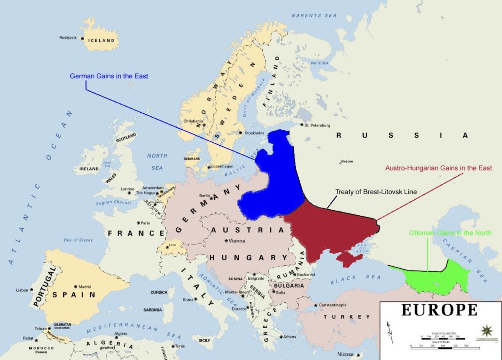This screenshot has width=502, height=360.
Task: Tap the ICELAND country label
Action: point(101,41)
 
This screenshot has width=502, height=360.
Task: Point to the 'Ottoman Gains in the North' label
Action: point(450,233)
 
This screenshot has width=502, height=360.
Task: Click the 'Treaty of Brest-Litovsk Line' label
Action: point(375,191)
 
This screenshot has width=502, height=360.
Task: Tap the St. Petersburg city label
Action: point(318,125)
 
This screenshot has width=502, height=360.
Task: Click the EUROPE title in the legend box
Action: point(439,310)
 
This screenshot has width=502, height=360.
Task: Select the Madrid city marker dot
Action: point(75,287)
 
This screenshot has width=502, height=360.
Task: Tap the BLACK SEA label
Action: point(356,279)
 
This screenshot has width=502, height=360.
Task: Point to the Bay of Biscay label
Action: point(78,240)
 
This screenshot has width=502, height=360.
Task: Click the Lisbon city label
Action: point(22,290)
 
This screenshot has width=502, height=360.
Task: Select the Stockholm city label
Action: point(254,133)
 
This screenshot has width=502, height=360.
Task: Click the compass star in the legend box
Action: point(487,329)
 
